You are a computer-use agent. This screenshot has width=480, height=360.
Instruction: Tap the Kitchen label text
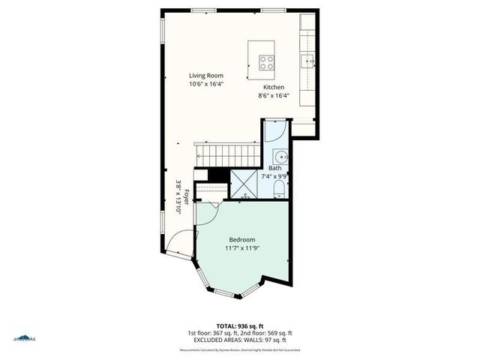(x=274, y=87)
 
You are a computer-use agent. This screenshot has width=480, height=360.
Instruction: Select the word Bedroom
(x=242, y=239)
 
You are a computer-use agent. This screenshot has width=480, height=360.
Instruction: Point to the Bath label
(x=275, y=168)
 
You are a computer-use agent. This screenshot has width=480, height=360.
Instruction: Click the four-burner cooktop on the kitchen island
(x=266, y=62)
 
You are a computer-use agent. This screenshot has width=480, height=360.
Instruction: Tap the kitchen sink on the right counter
(x=307, y=60)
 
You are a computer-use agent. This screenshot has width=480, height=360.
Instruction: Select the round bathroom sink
(x=280, y=157)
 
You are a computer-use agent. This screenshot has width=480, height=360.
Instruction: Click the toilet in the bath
(x=277, y=187)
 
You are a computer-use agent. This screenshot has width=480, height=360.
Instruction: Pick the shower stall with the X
(x=243, y=183)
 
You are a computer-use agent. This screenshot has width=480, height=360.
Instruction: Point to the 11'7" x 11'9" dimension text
(x=242, y=247)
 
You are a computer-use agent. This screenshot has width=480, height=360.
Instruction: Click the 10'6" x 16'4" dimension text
(x=205, y=84)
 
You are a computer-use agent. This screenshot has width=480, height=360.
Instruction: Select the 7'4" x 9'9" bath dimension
(x=274, y=176)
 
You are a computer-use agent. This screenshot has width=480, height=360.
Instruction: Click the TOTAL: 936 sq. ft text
(x=239, y=325)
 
